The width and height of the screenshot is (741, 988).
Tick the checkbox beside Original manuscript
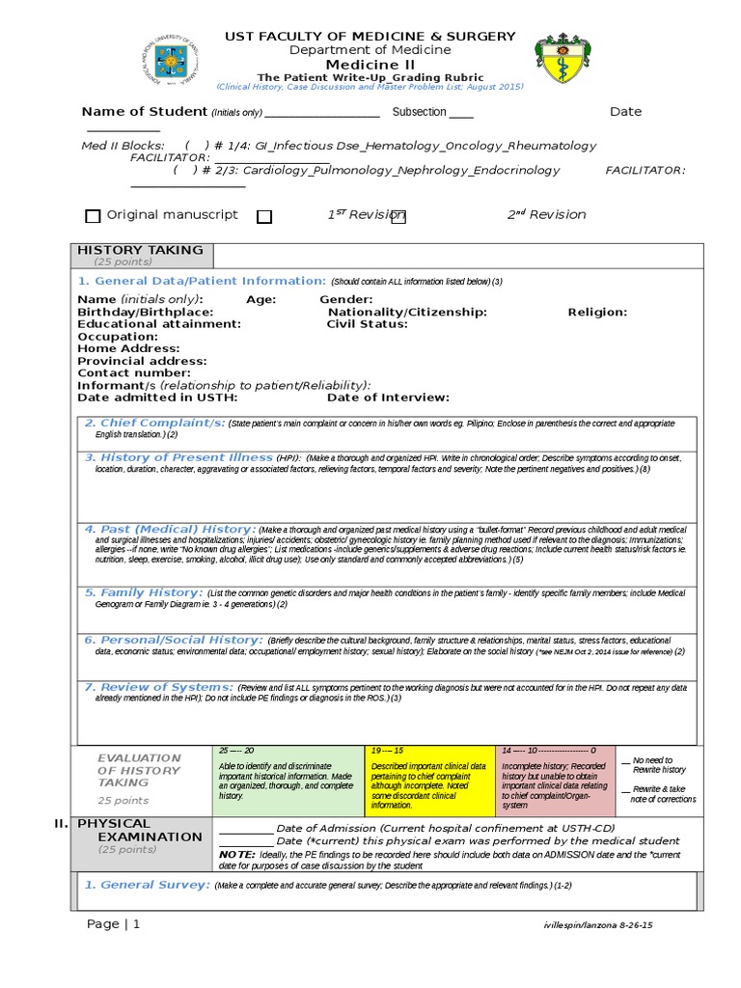[x=93, y=216]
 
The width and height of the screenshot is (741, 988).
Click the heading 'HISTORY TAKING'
[x=140, y=250]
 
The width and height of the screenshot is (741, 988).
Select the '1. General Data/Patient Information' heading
[x=202, y=281]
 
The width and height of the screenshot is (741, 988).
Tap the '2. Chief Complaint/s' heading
[x=154, y=424]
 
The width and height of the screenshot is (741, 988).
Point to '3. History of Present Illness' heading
[x=178, y=457]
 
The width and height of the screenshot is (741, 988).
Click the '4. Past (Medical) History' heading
[x=170, y=530]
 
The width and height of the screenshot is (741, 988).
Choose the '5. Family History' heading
[x=144, y=592]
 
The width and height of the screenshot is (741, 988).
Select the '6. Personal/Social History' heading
[x=173, y=640]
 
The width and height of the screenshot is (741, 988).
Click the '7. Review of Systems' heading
[x=158, y=687]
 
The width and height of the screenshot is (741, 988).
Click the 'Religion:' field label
[x=597, y=312]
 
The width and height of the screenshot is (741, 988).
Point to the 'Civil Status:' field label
[x=367, y=324]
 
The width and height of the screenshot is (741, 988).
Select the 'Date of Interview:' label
[x=388, y=397]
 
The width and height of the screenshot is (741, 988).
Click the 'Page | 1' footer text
[x=113, y=924]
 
